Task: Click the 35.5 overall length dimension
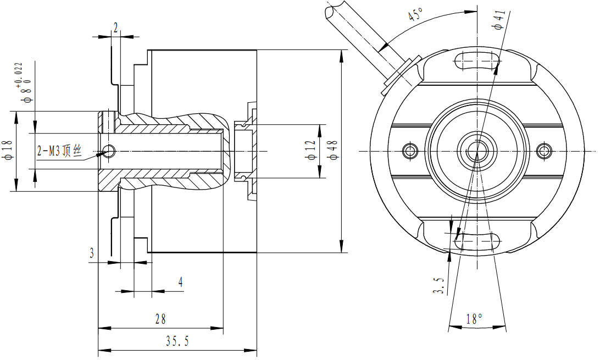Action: point(177,341)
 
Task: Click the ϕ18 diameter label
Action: point(7,150)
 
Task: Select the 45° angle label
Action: point(415,15)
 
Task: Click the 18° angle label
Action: point(474,319)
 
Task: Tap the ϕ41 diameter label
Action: point(498,19)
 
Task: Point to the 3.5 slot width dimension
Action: point(438,285)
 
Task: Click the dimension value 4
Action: point(181,283)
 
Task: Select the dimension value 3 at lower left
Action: point(92,253)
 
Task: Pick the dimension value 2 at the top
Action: point(115,27)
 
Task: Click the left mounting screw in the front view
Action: point(408,150)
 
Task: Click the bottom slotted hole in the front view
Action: point(477,240)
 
